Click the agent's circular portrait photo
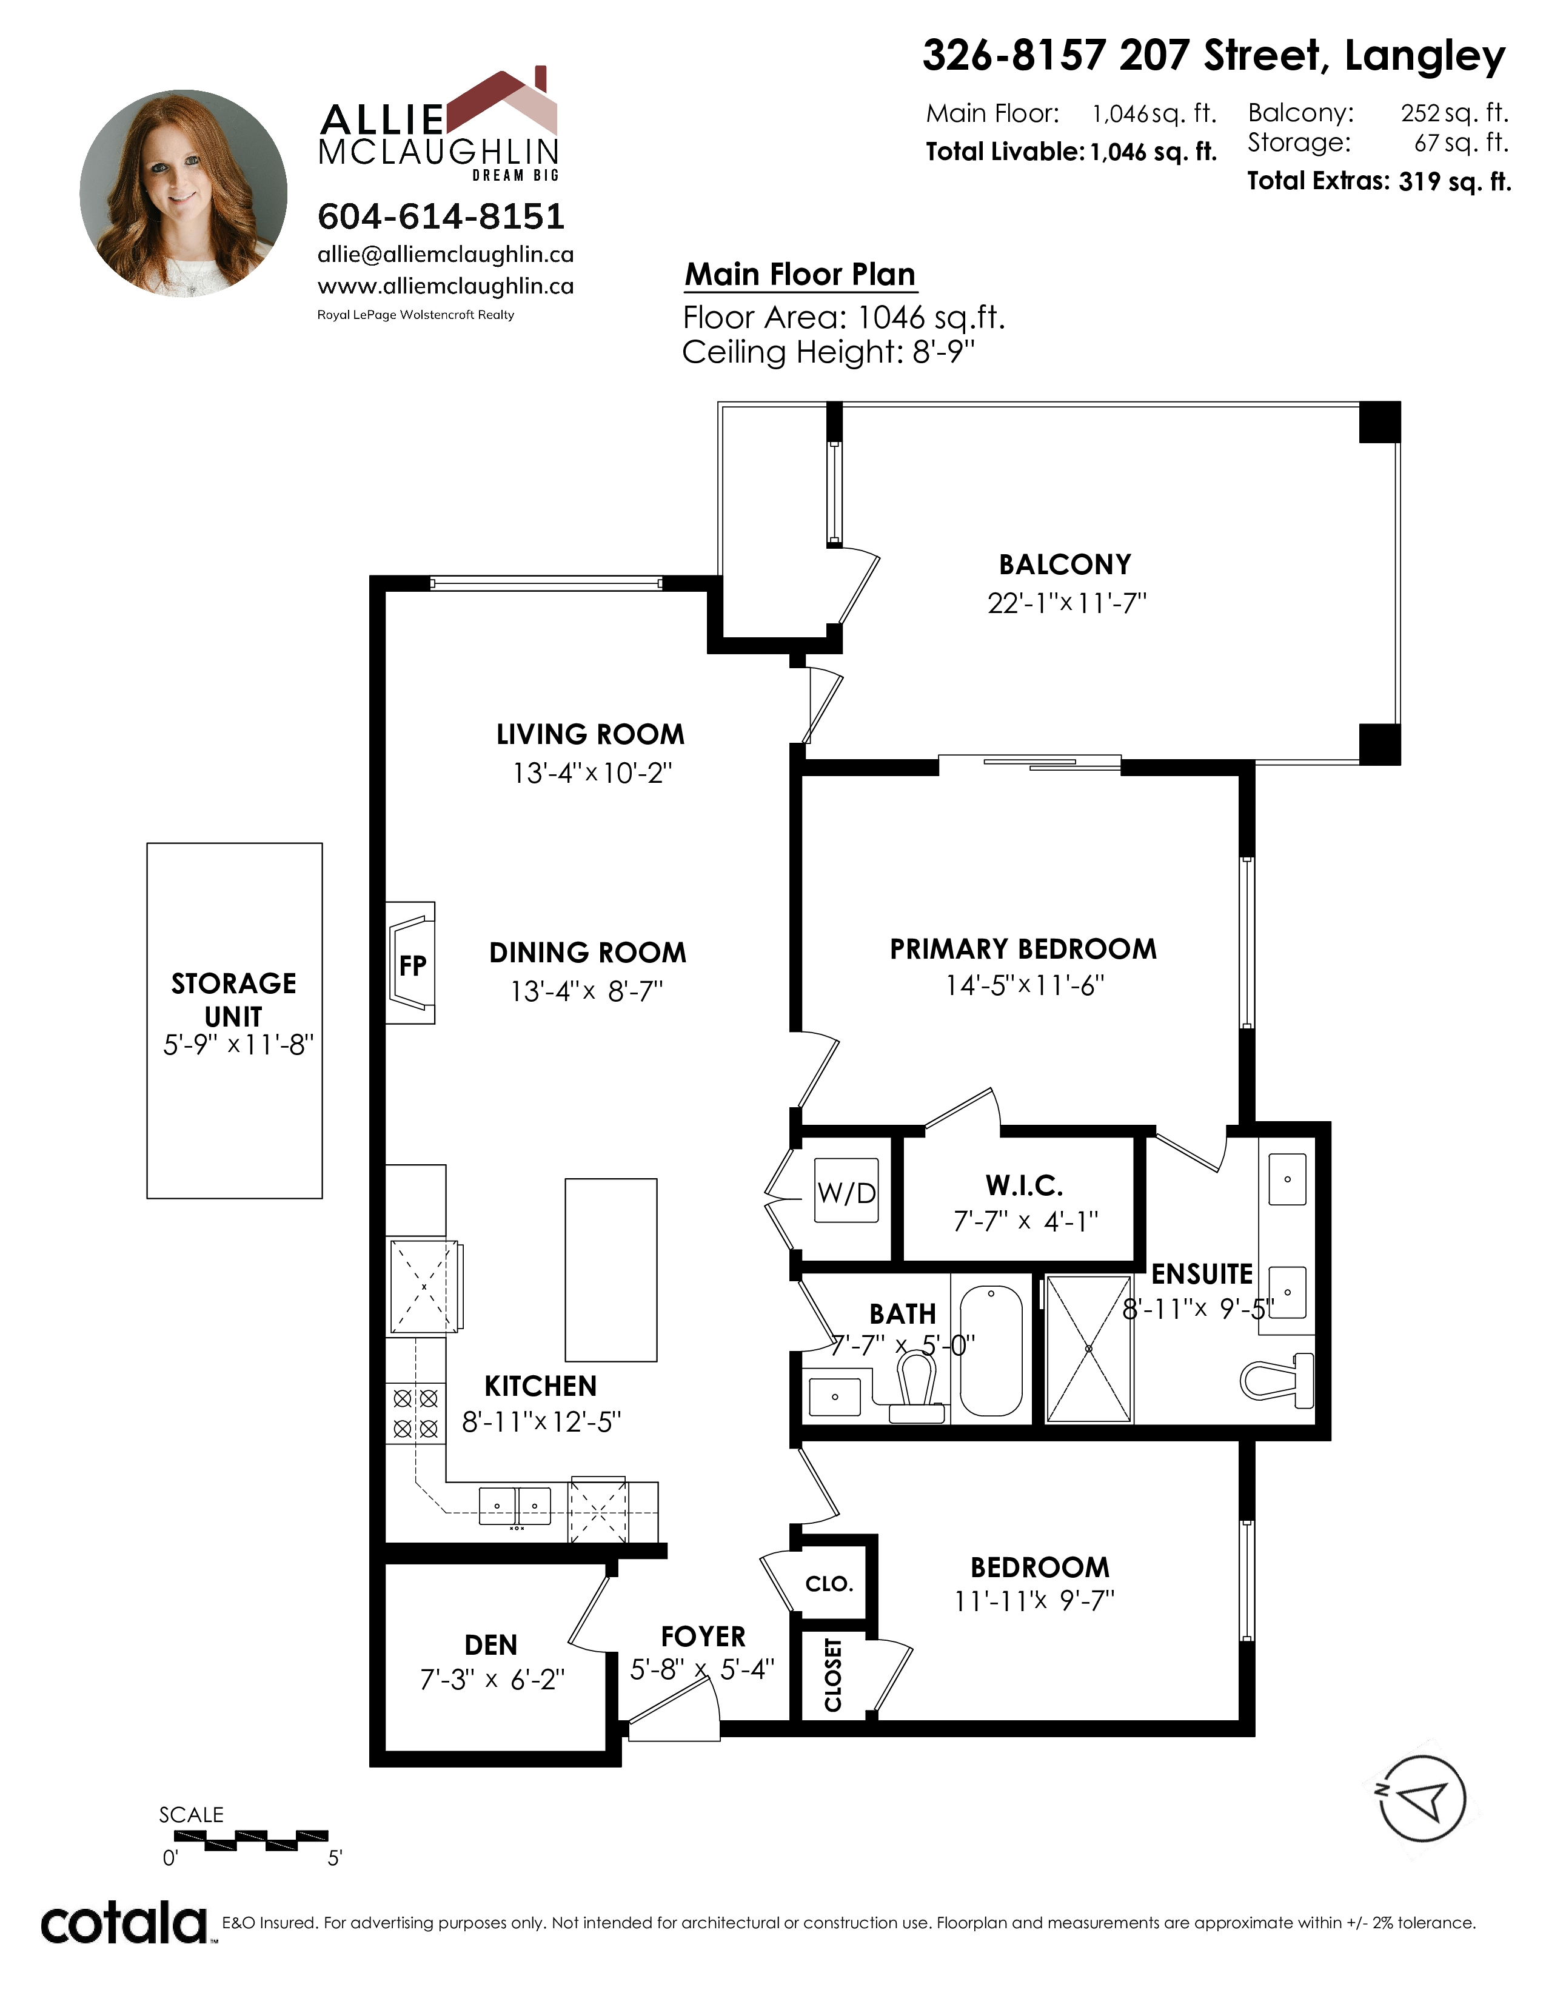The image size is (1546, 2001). pos(183,193)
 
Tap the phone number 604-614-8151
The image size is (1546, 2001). pos(441,216)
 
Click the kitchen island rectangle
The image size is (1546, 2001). pos(611,1270)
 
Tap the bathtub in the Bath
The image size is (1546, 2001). pos(991,1352)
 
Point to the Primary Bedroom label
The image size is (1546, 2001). pos(1023,949)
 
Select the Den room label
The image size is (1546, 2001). pos(491,1644)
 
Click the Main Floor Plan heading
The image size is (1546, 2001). pos(800,274)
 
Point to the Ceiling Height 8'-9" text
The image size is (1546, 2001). pos(829,352)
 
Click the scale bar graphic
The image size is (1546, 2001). pos(250,1839)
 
